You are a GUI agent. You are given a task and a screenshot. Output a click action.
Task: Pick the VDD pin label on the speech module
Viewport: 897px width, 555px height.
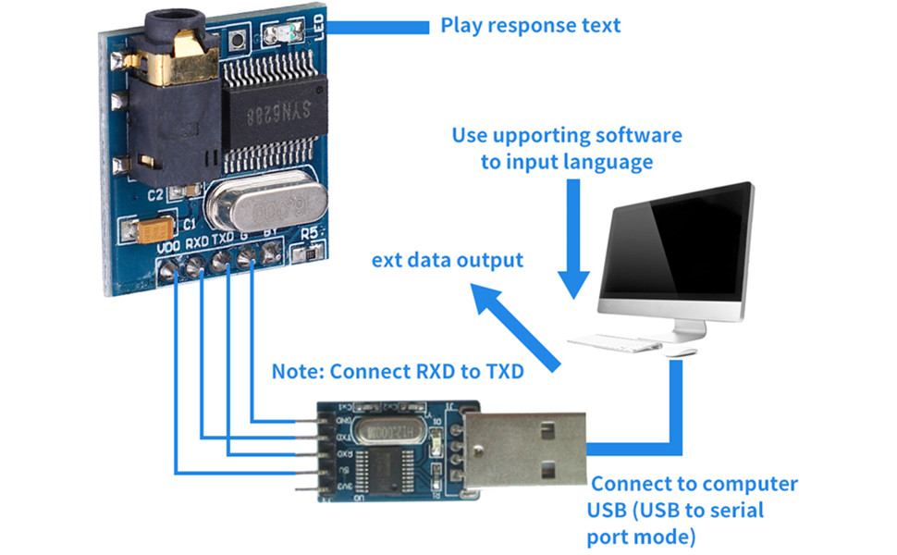click(168, 248)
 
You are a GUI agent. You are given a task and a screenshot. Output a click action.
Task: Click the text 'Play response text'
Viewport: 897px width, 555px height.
click(530, 25)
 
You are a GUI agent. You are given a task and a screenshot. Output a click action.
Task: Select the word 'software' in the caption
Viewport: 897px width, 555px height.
click(638, 136)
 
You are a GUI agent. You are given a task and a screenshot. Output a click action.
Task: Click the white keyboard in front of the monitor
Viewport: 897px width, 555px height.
click(614, 343)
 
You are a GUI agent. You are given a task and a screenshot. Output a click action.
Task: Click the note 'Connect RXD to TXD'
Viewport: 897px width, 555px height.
click(398, 373)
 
